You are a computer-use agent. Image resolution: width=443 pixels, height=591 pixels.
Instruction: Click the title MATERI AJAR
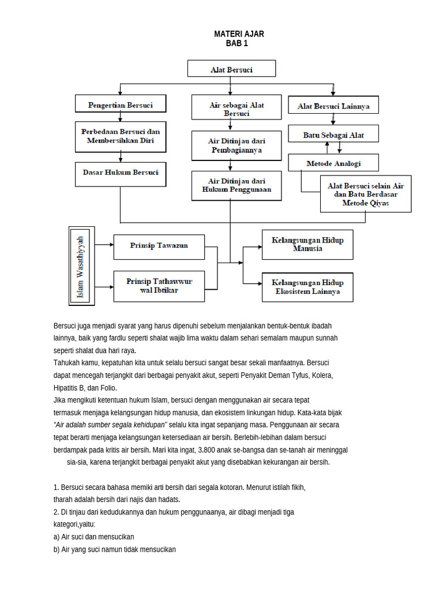(x=239, y=34)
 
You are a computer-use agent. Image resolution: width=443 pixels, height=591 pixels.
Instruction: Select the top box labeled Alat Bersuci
(x=231, y=69)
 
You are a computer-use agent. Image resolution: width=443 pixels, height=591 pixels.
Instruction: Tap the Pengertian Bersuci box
(x=121, y=105)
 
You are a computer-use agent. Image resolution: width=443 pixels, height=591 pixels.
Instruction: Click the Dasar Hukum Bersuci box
(x=121, y=173)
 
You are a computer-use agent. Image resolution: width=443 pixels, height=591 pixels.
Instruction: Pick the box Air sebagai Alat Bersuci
(x=236, y=109)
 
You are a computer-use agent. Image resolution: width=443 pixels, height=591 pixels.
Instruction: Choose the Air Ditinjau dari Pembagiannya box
(x=236, y=145)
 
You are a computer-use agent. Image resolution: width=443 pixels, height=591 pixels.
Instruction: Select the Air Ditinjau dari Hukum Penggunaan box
(x=236, y=185)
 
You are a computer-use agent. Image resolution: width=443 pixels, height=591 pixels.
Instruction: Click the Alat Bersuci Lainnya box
(x=333, y=106)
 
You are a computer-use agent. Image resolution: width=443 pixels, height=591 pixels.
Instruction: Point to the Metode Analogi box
(x=333, y=163)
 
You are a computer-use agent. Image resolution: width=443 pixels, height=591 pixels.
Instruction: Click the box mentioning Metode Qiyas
(x=366, y=194)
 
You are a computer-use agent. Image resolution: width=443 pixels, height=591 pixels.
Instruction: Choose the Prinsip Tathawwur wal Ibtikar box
(x=159, y=285)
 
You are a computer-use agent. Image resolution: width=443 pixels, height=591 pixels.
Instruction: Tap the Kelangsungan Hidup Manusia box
(x=307, y=244)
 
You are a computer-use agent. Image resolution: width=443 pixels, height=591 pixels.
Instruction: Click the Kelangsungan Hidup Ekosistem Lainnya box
(x=307, y=287)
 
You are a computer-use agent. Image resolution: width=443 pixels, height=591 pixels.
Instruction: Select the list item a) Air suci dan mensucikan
(x=94, y=537)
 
